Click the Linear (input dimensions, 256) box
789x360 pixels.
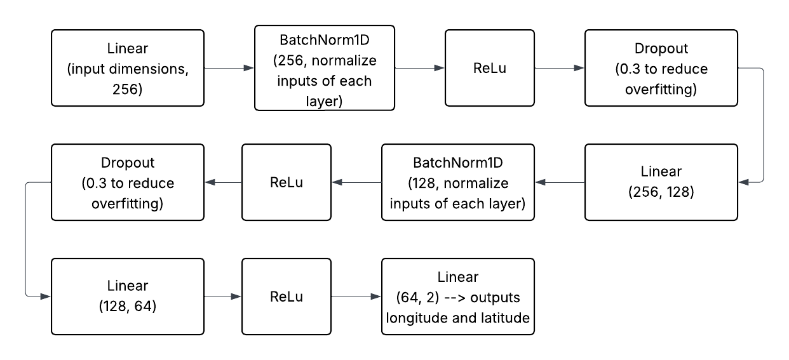point(127,68)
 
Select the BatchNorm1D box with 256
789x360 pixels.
point(325,68)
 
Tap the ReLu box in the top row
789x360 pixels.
point(489,68)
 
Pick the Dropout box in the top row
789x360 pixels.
point(661,68)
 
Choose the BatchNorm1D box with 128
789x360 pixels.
point(457,182)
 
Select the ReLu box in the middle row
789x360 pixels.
point(287,182)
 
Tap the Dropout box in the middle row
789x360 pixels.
point(128,182)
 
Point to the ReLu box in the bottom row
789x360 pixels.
point(287,297)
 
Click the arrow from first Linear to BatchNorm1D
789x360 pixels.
point(229,68)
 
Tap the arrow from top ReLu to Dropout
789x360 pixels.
point(559,68)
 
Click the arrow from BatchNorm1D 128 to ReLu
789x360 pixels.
point(356,182)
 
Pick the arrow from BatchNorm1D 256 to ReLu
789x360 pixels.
point(420,68)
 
